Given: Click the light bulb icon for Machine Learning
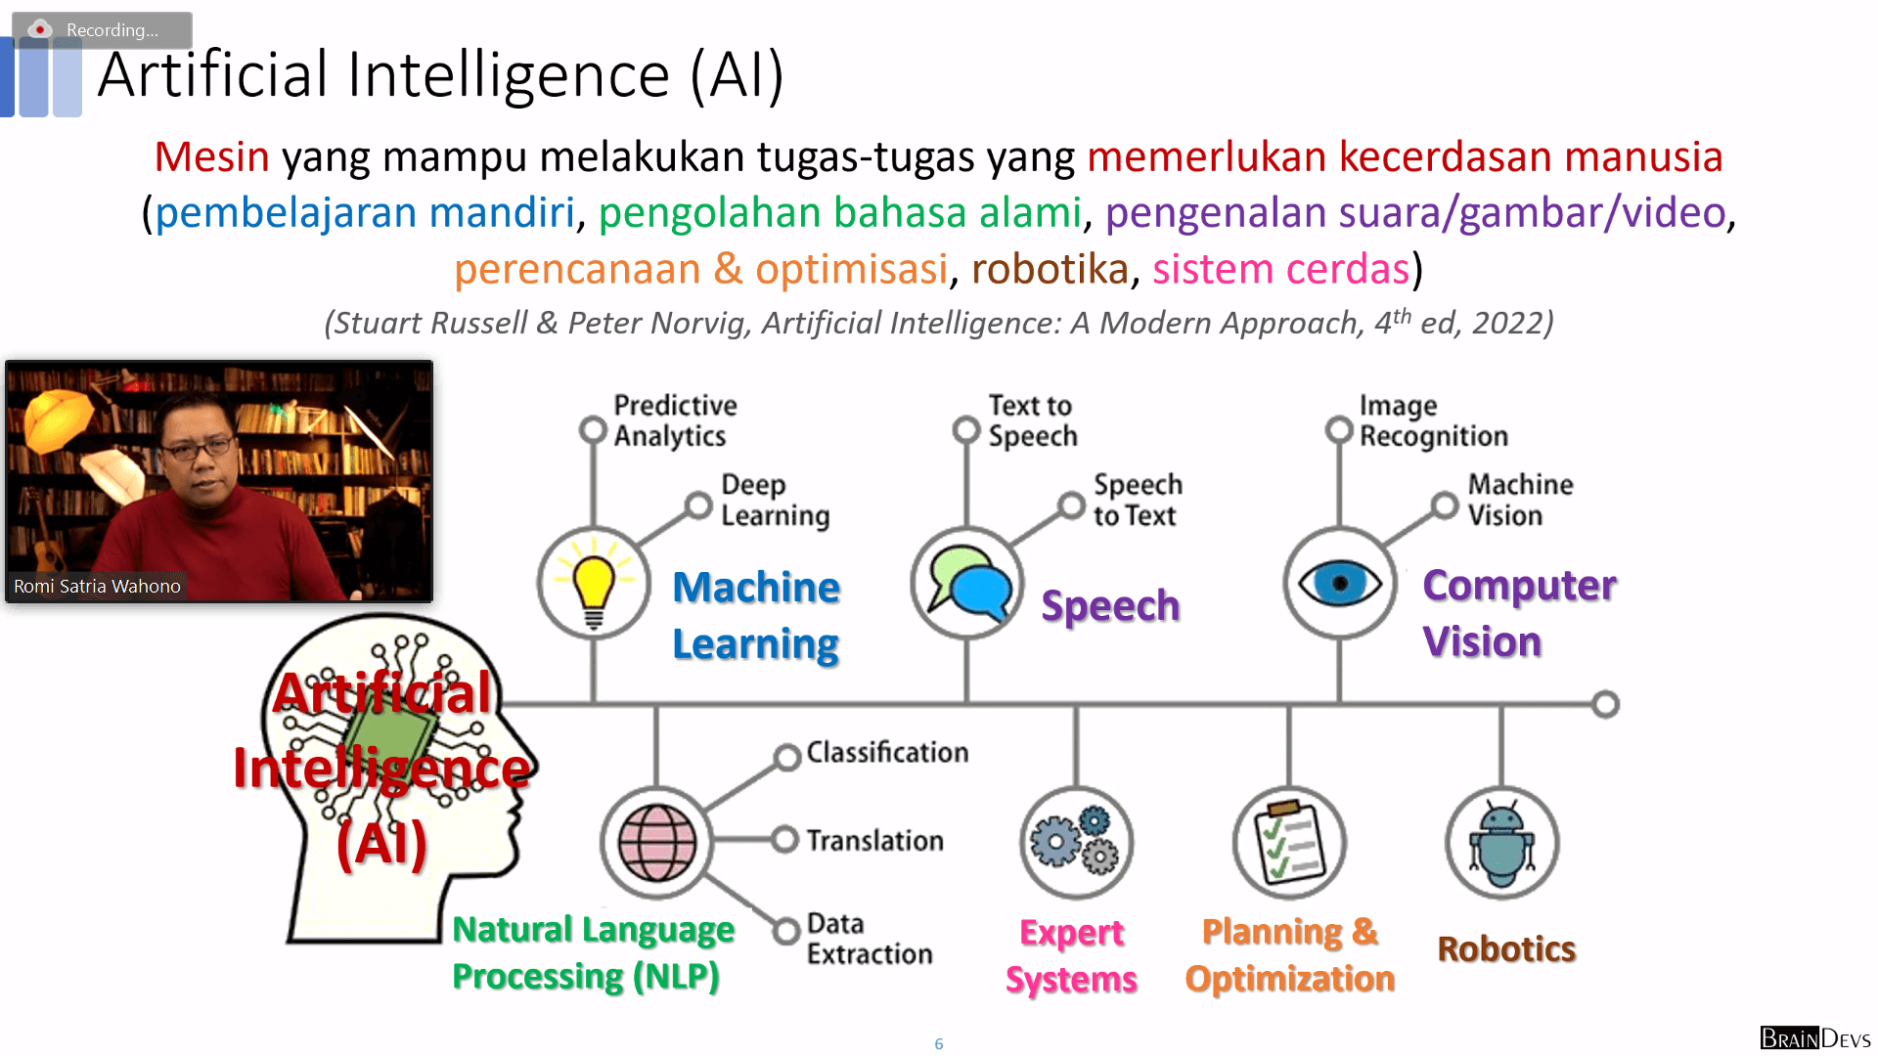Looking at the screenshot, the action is tap(594, 583).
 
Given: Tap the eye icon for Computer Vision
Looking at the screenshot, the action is tap(1340, 584).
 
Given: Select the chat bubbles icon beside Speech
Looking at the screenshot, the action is tap(967, 583).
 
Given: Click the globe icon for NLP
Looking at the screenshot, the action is tap(656, 843).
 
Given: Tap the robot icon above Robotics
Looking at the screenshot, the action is tap(1502, 843).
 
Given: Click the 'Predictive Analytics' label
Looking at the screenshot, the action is tap(675, 420).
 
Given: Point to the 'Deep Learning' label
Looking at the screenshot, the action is tap(775, 500).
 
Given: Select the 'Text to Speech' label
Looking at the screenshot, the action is tap(1032, 420).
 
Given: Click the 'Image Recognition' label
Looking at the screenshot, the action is tap(1433, 420).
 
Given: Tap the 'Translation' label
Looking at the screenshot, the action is tap(874, 840).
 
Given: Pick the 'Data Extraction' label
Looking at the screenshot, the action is tap(869, 939).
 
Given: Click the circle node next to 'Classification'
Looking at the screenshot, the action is tap(787, 757).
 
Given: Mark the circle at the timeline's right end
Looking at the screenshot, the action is tap(1605, 704).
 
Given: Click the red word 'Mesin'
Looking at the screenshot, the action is tap(211, 156).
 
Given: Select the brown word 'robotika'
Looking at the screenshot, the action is tap(1050, 268).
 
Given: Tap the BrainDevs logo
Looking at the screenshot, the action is tap(1815, 1037).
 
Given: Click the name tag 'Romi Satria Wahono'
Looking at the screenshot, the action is tap(97, 586).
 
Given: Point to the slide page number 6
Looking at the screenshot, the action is tap(939, 1043).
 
